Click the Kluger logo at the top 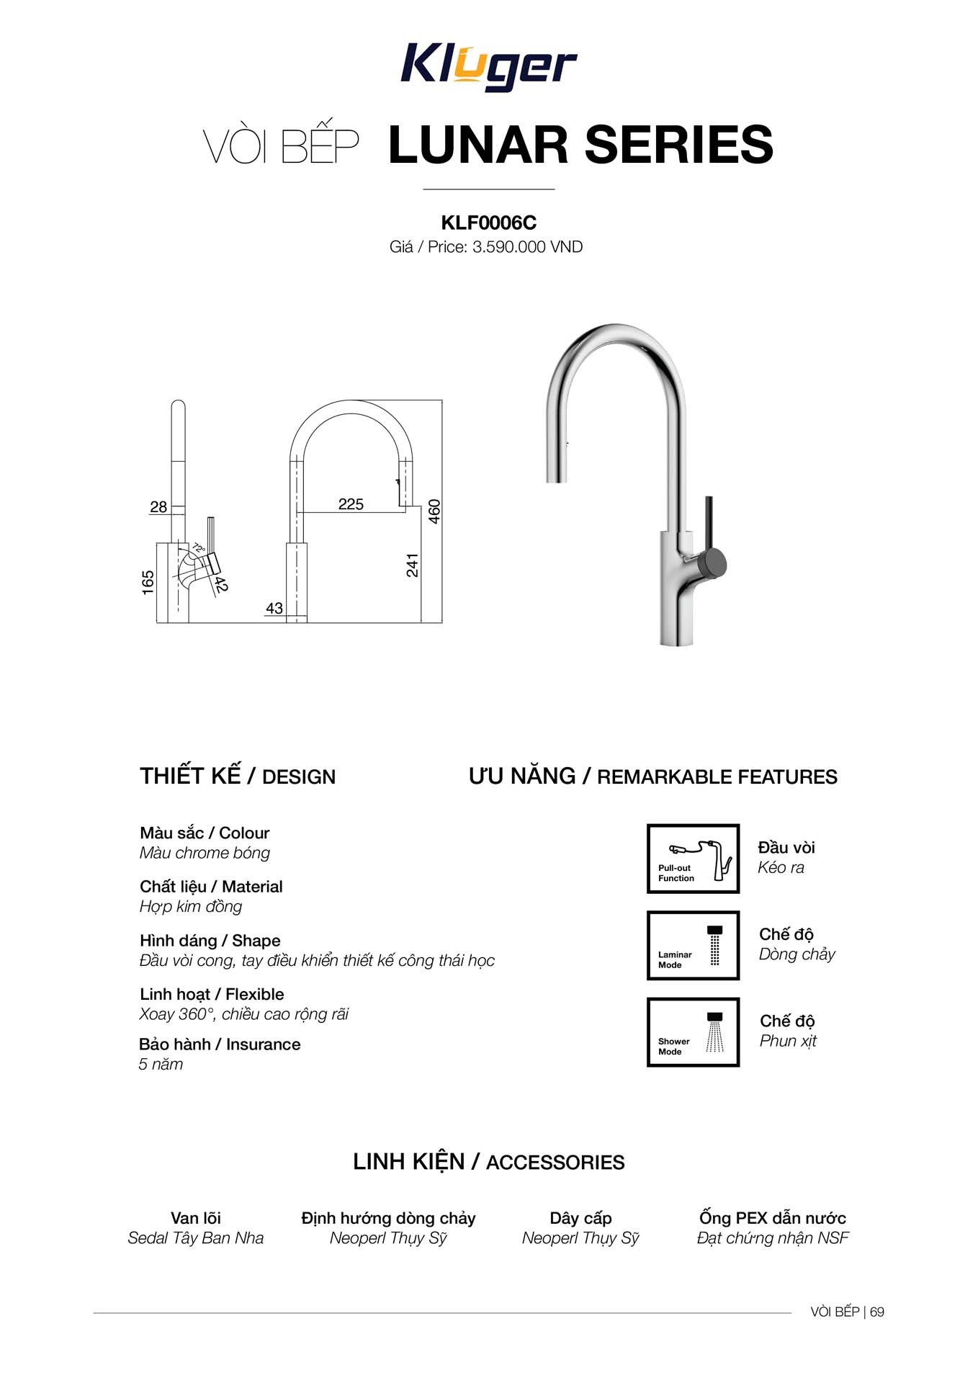[x=488, y=67]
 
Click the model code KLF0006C [x=488, y=223]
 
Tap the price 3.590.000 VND [x=527, y=247]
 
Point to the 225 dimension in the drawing [x=351, y=504]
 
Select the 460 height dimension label [x=434, y=511]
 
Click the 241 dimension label [x=412, y=565]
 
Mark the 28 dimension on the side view [x=158, y=507]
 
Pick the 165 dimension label [x=148, y=583]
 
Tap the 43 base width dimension [x=274, y=609]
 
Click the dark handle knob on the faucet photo [x=714, y=563]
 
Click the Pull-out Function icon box [x=693, y=859]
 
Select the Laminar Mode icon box [x=693, y=945]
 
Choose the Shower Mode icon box [x=693, y=1031]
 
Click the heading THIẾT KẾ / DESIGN [x=238, y=776]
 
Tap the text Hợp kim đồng [x=191, y=907]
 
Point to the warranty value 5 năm [x=161, y=1065]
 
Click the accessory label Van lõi [x=196, y=1218]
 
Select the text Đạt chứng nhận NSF [x=773, y=1238]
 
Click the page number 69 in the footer [x=876, y=1312]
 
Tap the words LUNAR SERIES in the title [x=580, y=144]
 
